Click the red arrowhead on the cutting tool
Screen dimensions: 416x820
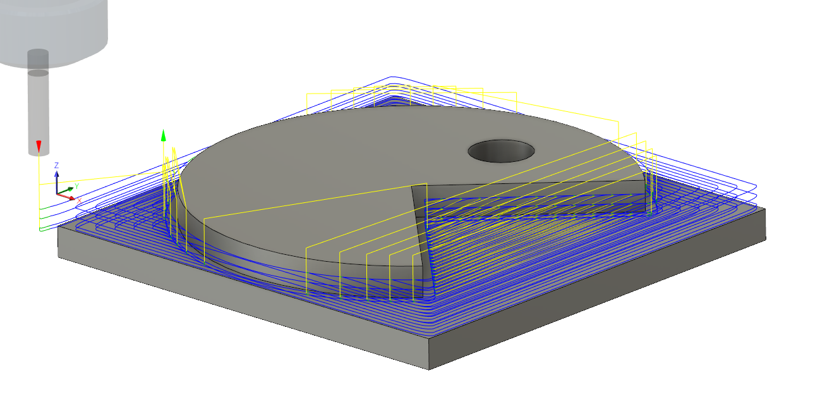39,146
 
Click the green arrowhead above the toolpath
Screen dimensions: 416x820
163,134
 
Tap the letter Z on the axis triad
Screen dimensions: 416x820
57,165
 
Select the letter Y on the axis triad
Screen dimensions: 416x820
76,186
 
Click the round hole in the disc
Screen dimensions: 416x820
501,151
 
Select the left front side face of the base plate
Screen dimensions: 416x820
240,303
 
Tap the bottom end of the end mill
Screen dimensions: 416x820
39,153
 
